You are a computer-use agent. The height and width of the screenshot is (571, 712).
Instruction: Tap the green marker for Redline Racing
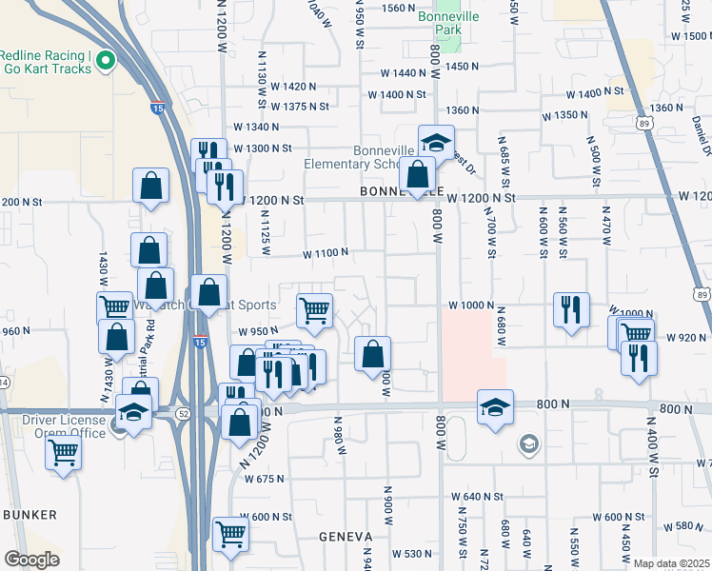[106, 63]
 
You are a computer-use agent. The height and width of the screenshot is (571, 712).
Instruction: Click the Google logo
[31, 560]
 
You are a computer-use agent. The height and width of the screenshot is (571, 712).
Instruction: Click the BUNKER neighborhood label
[30, 515]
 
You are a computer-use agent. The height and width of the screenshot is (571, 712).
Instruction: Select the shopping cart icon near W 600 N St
[230, 534]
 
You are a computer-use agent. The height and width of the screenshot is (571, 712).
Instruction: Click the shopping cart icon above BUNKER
[64, 452]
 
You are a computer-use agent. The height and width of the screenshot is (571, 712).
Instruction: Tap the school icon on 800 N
[495, 406]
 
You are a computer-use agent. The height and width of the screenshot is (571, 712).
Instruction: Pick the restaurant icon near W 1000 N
[571, 309]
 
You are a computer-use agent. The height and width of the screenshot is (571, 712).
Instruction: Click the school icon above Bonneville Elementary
[436, 143]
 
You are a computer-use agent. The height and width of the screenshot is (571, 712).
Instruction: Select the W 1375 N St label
[300, 107]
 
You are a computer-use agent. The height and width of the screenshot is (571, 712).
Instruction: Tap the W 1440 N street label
[403, 73]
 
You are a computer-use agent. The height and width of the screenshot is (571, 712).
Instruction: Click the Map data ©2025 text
[672, 563]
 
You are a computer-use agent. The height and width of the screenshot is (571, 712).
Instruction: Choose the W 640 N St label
[477, 497]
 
